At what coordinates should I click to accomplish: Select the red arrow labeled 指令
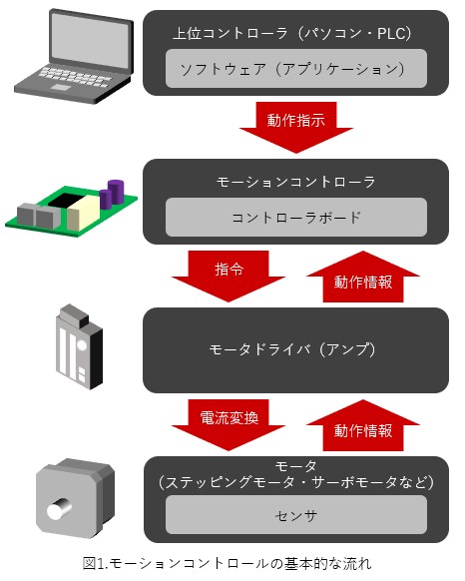point(229,276)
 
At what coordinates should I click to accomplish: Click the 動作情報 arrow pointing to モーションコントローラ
point(363,278)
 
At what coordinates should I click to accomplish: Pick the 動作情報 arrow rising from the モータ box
point(363,426)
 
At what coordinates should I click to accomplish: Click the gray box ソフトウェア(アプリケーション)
point(296,69)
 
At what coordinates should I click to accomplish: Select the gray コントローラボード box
point(296,218)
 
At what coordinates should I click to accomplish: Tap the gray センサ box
point(296,515)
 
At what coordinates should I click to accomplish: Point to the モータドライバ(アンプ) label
point(292,349)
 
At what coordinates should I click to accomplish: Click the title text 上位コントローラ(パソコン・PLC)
point(292,33)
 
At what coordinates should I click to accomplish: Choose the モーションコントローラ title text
point(295,182)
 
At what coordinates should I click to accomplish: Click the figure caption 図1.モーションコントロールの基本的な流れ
point(228,564)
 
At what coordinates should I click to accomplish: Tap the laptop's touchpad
point(59,87)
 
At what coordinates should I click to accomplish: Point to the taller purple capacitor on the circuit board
point(116,192)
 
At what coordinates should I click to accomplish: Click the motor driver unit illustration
point(79,346)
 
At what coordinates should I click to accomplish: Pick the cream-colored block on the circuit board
point(84,213)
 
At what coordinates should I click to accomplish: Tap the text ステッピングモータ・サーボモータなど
point(295,482)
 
